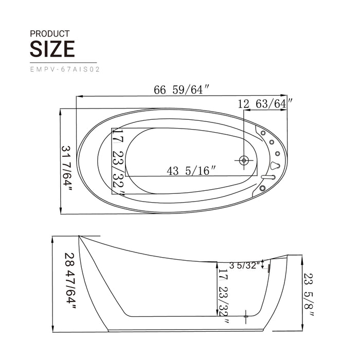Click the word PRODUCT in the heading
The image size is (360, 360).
tap(50, 33)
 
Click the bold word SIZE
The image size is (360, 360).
tap(52, 49)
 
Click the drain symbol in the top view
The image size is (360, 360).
tap(243, 160)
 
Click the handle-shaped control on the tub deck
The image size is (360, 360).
tap(276, 165)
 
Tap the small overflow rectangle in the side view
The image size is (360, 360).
tap(268, 266)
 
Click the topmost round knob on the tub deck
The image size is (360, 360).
tap(263, 133)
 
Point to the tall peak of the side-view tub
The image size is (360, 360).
tap(79, 237)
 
